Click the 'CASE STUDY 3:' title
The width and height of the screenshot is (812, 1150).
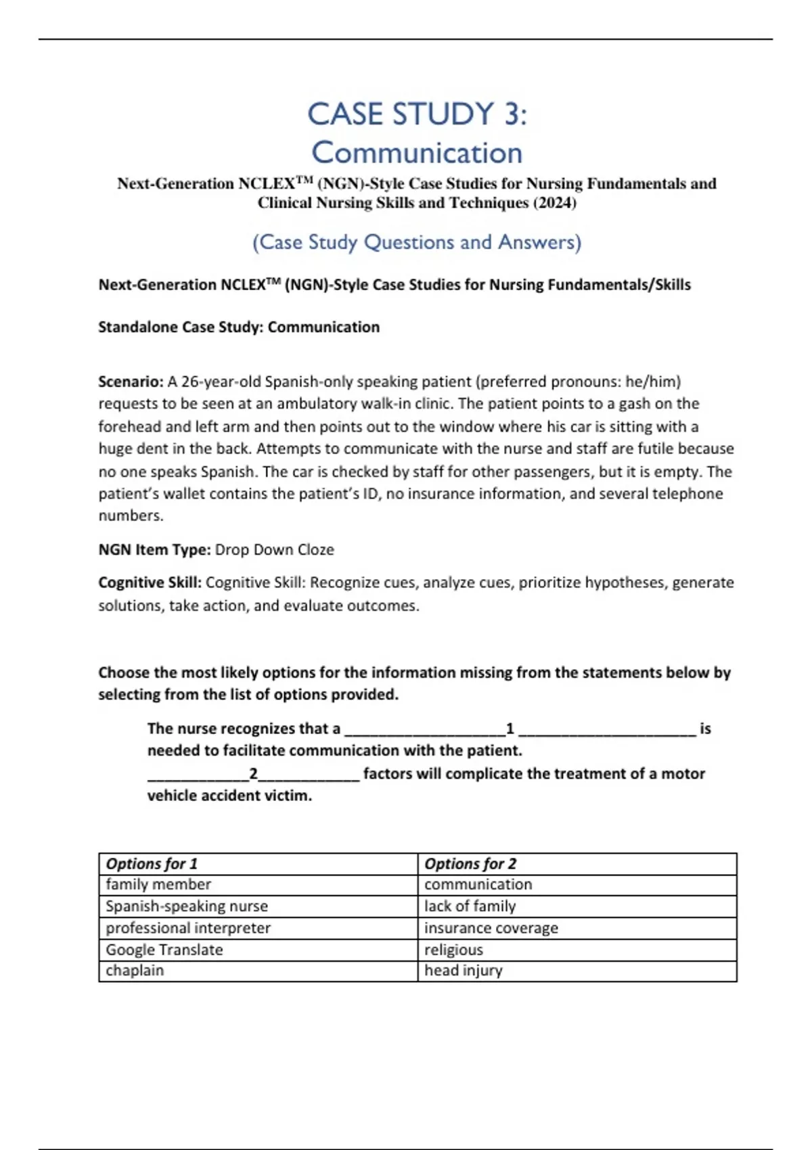[417, 114]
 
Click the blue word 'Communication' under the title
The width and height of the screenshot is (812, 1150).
[417, 153]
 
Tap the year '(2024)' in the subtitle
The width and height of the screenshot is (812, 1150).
[554, 203]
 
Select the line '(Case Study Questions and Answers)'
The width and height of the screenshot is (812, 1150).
[417, 242]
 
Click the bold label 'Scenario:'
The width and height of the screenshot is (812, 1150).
[131, 382]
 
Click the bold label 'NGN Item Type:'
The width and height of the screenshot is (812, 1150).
[154, 550]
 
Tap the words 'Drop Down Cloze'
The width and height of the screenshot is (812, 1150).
[274, 550]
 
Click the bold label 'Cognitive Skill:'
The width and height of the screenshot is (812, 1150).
[150, 582]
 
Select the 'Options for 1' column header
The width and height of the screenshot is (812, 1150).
[152, 864]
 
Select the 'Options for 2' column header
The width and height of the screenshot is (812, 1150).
[470, 864]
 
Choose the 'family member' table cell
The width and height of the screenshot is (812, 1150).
[158, 885]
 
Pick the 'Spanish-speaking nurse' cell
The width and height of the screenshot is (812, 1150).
[187, 906]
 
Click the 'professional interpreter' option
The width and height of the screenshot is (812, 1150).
[188, 928]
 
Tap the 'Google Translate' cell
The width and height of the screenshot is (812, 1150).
[164, 950]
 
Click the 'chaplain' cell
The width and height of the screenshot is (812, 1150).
[135, 971]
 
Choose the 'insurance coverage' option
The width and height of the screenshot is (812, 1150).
[491, 928]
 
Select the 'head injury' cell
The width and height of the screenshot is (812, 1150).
[464, 971]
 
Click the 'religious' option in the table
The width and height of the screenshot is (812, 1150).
[453, 950]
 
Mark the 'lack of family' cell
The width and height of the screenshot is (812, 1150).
[470, 906]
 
